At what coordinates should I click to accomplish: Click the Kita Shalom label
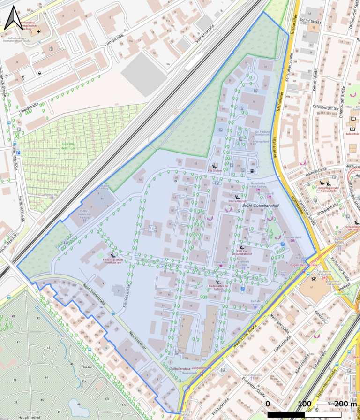215,171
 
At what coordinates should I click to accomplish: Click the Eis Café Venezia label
255,303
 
